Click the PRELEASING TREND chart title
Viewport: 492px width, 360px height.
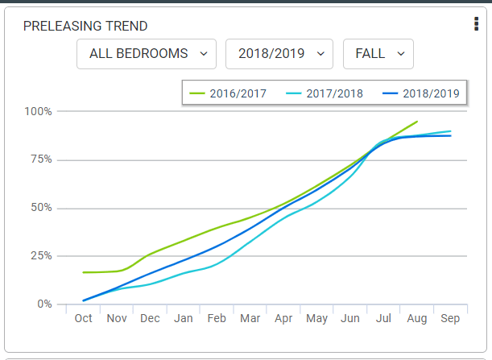click(85, 26)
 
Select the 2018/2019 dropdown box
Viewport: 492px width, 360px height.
click(279, 54)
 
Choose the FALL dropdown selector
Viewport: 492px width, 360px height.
click(378, 54)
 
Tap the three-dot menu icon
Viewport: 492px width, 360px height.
click(477, 24)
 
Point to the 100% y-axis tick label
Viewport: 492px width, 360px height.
click(38, 111)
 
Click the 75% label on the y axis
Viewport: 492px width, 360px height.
click(40, 159)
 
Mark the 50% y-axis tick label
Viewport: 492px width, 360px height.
click(40, 208)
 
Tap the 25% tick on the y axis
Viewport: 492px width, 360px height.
click(40, 256)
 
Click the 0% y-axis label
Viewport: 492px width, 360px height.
click(43, 304)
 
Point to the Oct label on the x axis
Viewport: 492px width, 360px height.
click(83, 319)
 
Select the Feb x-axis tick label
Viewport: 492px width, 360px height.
click(217, 319)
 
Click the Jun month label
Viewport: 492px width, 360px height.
click(350, 319)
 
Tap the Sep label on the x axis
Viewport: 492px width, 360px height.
click(450, 319)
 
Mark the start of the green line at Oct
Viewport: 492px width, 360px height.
click(83, 272)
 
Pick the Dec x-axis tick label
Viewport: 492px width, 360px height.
click(150, 319)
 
